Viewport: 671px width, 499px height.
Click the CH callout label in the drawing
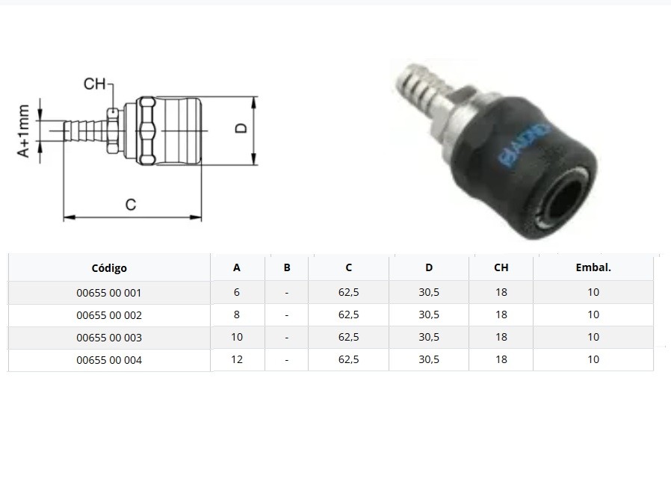(95, 84)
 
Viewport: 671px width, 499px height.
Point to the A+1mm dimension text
(23, 131)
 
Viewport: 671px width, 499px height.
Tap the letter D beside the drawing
(241, 128)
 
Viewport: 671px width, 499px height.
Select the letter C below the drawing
(131, 205)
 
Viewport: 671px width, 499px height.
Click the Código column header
(109, 268)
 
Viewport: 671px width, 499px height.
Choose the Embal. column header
(593, 267)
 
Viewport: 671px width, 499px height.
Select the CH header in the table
(501, 267)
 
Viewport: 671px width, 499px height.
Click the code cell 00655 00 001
(108, 293)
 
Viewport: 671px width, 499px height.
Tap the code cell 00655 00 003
(108, 338)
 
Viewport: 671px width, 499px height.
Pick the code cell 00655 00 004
(108, 360)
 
